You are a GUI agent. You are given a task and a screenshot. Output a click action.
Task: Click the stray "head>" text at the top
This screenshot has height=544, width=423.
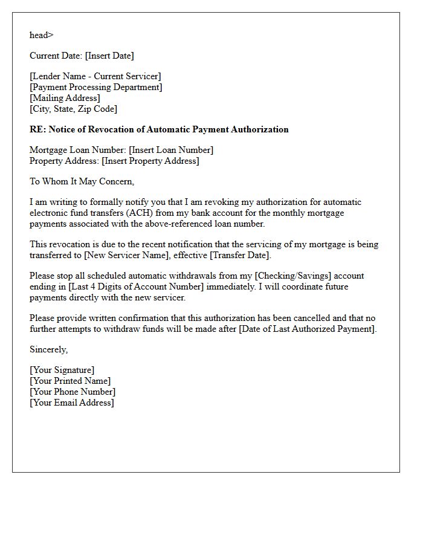click(42, 35)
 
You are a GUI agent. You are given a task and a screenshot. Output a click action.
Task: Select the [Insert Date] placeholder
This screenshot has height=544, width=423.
click(109, 56)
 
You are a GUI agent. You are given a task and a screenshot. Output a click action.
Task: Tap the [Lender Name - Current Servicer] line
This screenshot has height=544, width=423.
click(95, 76)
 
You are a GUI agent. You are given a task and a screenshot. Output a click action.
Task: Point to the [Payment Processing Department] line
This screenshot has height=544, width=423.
click(96, 87)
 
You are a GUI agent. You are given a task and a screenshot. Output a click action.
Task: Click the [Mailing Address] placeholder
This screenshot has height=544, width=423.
click(65, 98)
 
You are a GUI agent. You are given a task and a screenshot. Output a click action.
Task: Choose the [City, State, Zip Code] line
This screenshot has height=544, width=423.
click(74, 109)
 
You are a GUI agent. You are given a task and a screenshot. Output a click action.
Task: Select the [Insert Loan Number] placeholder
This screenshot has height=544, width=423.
click(171, 150)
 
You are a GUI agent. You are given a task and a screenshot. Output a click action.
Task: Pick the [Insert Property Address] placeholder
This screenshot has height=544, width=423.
click(150, 161)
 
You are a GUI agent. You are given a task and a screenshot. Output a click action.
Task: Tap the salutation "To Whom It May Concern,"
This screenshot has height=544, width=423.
click(82, 181)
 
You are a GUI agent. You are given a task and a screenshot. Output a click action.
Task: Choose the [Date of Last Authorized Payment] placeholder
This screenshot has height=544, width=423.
click(309, 329)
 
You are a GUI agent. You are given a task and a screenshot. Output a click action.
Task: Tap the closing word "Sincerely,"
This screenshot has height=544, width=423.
click(49, 349)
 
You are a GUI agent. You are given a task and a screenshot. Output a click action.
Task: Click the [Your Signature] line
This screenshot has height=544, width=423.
click(62, 370)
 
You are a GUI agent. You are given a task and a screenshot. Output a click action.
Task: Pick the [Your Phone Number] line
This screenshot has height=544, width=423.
click(73, 392)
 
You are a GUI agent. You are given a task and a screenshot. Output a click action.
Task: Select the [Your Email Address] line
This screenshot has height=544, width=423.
click(71, 403)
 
